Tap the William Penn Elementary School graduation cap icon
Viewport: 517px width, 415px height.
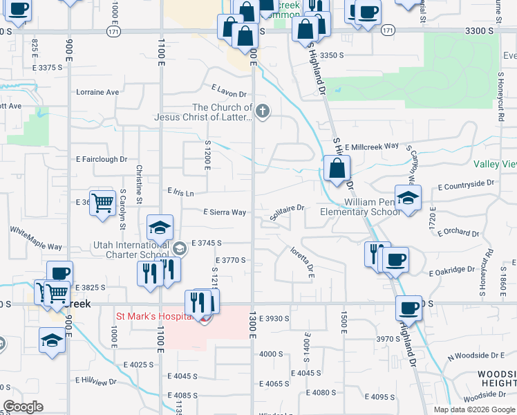coord(408,198)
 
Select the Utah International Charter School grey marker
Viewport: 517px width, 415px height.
coord(180,248)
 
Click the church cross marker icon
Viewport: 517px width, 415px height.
coord(262,111)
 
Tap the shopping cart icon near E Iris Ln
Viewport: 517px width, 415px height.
coord(102,203)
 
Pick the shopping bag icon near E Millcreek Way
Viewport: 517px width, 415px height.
coord(337,168)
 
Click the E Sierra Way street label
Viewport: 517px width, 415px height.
coord(225,212)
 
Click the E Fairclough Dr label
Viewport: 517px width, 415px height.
coord(101,159)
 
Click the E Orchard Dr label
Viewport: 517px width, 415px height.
coord(458,232)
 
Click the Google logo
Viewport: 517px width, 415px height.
coord(23,407)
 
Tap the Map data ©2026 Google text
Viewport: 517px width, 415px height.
coord(473,409)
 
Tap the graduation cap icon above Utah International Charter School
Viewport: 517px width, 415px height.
coord(160,228)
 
